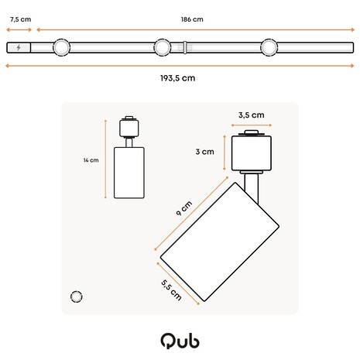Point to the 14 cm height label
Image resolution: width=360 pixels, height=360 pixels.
[91, 160]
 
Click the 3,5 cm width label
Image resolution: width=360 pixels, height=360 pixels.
[251, 115]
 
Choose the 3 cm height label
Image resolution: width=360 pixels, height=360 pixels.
[204, 152]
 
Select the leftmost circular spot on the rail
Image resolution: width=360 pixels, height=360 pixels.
[59, 48]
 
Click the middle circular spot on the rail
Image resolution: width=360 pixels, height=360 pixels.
[162, 48]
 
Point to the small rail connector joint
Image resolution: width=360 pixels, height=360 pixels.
[185, 48]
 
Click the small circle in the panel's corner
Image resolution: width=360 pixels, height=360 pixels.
[77, 296]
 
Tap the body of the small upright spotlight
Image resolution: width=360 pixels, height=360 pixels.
[129, 171]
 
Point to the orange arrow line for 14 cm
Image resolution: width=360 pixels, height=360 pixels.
[105, 160]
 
